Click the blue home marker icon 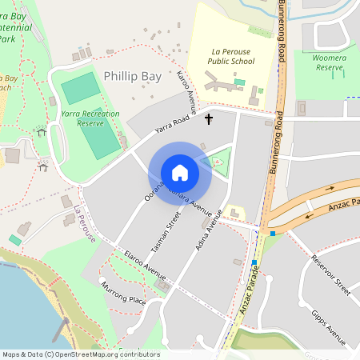pos(180,173)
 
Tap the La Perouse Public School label pos(231,55)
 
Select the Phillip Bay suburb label pos(132,77)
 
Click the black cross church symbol pos(210,119)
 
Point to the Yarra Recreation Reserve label pos(90,118)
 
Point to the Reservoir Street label pos(331,275)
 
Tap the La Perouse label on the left pos(85,225)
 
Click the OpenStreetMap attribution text pos(81,354)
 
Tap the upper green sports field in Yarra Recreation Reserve pos(80,88)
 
